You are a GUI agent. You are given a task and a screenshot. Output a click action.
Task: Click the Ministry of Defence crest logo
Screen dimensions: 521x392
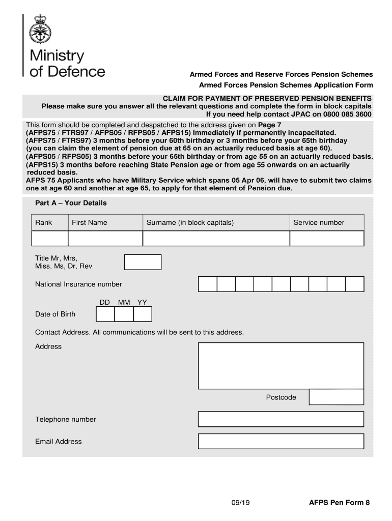coord(40,30)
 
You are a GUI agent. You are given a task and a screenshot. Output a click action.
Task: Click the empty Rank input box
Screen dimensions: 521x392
coord(50,239)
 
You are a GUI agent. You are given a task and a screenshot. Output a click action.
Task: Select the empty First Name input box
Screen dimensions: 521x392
coord(105,239)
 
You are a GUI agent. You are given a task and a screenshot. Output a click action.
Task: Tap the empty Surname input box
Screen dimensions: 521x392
coord(216,239)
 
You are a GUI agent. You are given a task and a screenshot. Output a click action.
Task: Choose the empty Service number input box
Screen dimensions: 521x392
coord(327,239)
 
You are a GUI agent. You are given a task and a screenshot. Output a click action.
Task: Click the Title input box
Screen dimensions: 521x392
coord(143,262)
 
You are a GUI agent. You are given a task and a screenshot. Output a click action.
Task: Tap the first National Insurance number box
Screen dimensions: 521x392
coord(208,284)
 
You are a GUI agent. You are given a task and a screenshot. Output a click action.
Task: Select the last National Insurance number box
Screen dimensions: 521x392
coord(355,284)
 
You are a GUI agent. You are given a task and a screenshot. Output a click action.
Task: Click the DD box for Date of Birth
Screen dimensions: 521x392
coord(105,314)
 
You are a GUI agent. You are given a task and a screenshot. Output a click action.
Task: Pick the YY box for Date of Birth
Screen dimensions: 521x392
coord(143,314)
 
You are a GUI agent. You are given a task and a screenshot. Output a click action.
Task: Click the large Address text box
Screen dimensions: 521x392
coord(281,365)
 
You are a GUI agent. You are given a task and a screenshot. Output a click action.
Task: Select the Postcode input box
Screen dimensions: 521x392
coord(337,397)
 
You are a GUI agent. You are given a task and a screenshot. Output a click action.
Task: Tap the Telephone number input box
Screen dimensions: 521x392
coord(281,419)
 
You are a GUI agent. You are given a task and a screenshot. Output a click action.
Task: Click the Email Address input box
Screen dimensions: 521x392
coord(281,442)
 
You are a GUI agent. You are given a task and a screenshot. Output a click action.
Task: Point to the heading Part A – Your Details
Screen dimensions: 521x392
coord(71,203)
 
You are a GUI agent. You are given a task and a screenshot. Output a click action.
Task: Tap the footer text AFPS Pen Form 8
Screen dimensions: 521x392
coord(340,503)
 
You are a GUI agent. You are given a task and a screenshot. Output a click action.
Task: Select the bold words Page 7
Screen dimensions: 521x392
coord(269,125)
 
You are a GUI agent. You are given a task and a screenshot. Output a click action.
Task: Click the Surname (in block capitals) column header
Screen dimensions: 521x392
coord(190,222)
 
